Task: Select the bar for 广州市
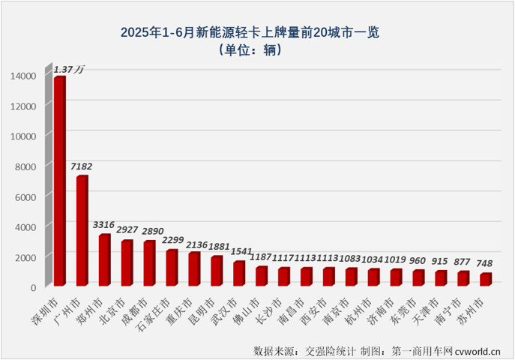click(x=81, y=231)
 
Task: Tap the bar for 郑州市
click(x=103, y=260)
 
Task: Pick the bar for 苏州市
click(x=485, y=280)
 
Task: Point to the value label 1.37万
click(x=68, y=69)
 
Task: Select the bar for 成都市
click(x=148, y=263)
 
